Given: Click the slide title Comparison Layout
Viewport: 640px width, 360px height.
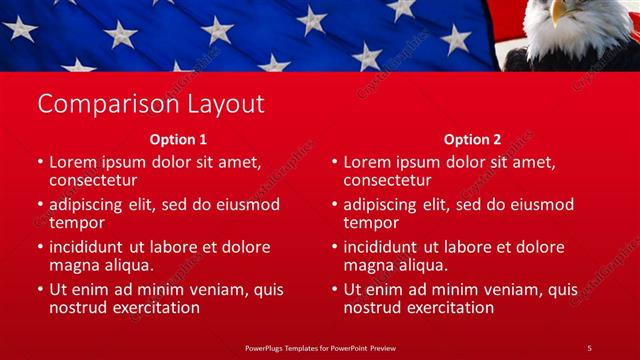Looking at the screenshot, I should [150, 104].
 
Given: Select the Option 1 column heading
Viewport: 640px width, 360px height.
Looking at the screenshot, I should [179, 140].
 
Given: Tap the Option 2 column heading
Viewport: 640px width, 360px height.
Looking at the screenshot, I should [473, 140].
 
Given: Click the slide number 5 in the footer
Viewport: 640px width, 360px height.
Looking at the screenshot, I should [589, 347].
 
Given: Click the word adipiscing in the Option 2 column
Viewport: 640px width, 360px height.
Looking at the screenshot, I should [385, 204].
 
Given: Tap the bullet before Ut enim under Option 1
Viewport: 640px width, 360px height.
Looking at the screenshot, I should [40, 290].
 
